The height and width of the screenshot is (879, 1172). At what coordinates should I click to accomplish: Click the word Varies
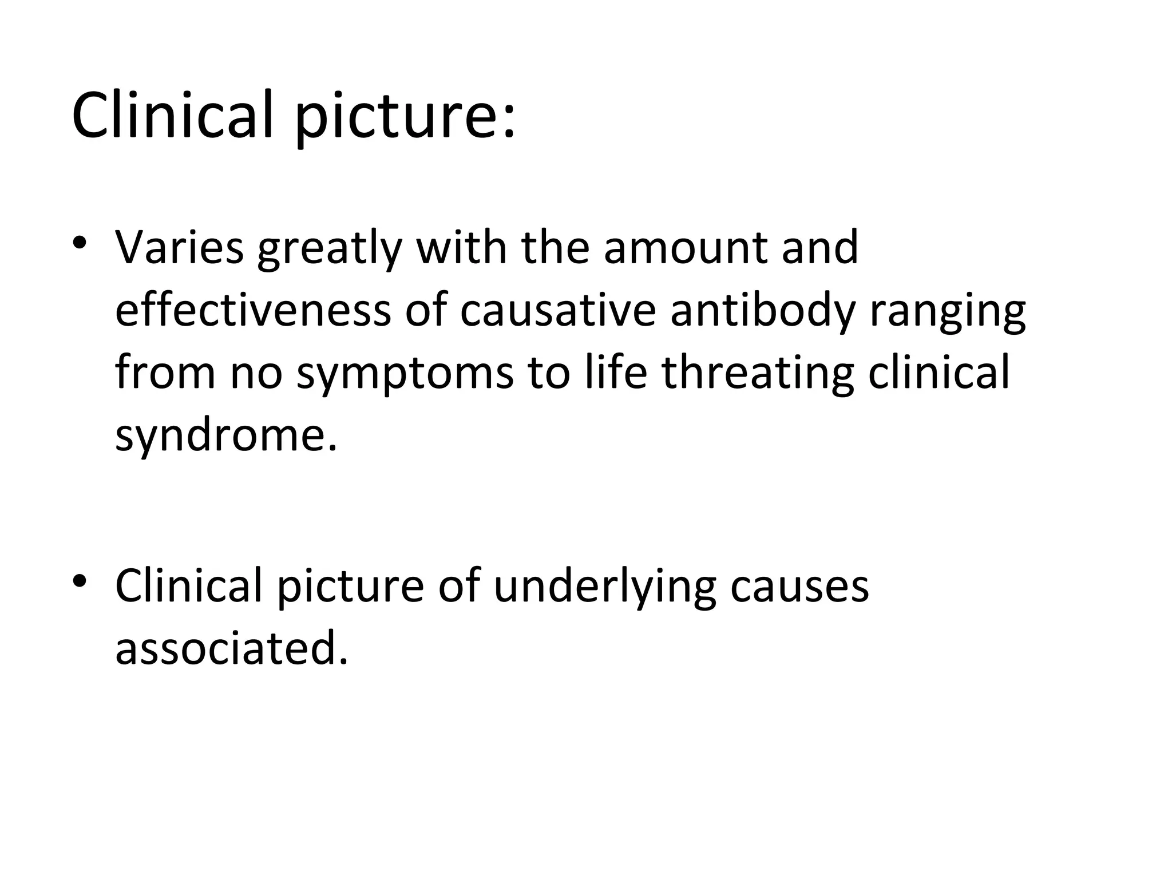pyautogui.click(x=179, y=247)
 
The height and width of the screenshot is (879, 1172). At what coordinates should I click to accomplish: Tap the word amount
pyautogui.click(x=685, y=247)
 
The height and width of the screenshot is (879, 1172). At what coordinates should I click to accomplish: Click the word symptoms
pyautogui.click(x=405, y=375)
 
